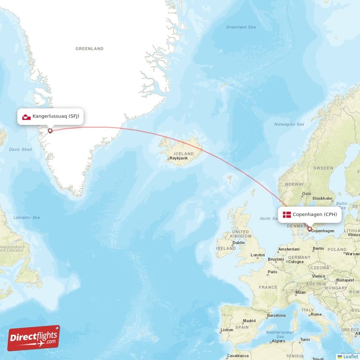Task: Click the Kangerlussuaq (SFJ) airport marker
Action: click(50, 131)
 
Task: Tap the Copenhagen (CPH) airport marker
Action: click(310, 229)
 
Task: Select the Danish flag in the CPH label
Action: click(287, 214)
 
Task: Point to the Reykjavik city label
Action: click(178, 158)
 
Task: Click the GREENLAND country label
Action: click(89, 49)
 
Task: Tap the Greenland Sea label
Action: click(241, 27)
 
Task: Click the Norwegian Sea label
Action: click(289, 124)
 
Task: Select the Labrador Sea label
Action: click(26, 217)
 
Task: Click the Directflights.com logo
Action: click(34, 338)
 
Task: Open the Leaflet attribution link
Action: click(350, 356)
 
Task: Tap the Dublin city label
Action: click(238, 243)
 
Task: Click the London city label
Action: click(258, 255)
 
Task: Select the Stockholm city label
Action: click(322, 198)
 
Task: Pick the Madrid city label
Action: click(249, 321)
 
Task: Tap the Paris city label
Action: click(272, 272)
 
